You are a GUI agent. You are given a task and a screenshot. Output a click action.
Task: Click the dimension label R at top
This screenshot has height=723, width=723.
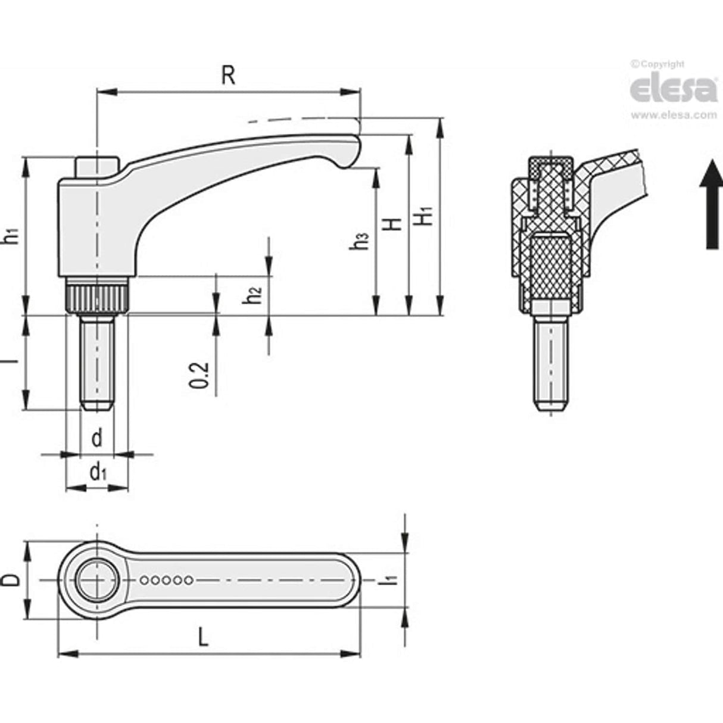coord(228,76)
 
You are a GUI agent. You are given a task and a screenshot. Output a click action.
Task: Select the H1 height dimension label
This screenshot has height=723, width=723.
coord(423,216)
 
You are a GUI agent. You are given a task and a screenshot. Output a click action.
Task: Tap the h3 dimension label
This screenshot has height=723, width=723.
coord(361,241)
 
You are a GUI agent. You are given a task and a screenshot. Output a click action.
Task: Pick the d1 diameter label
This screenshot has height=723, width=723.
coord(98,473)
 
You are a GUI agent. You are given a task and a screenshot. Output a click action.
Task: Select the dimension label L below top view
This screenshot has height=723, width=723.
coord(204,639)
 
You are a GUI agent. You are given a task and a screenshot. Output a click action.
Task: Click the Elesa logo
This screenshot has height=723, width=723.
coord(673,89)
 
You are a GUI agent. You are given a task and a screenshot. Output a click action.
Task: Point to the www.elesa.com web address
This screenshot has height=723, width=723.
coord(673,115)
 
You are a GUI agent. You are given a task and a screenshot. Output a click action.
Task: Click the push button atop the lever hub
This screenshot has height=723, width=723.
coord(97,165)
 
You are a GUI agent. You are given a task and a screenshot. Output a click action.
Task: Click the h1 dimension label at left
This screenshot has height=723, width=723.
coord(10,235)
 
